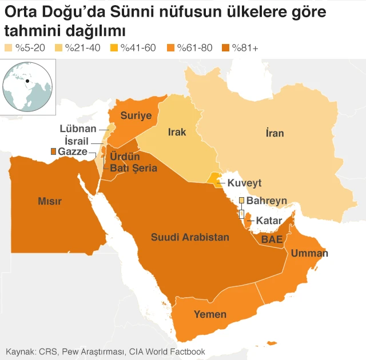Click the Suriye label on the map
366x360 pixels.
coord(136,116)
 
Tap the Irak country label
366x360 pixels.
coord(177,133)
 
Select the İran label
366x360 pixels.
coord(274,133)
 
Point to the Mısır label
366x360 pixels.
coord(50,201)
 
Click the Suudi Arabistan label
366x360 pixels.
coord(190,237)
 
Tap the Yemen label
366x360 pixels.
coord(210,314)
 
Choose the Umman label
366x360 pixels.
coord(309,253)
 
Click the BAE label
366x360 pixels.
coord(272,240)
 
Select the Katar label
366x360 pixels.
coord(268,220)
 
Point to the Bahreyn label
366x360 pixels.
coord(266,201)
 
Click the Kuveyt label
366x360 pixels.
coord(244,183)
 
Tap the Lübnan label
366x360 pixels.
coord(78,129)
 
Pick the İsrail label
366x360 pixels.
coord(77,141)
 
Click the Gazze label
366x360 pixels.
coord(73,151)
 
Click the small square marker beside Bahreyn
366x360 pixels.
coord(241,201)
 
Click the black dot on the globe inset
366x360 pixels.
coord(26,81)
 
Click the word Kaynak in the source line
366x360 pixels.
coord(19,351)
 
